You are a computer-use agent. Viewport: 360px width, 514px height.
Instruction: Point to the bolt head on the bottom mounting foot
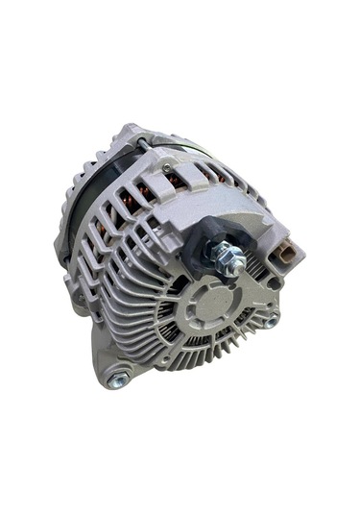[x=118, y=380]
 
